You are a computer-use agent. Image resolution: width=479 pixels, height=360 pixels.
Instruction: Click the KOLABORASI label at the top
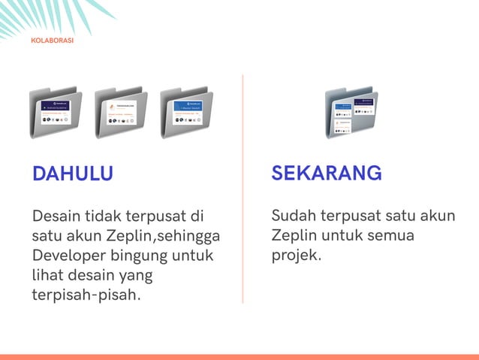point(52,41)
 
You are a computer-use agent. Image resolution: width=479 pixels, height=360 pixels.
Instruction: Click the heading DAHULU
point(72,174)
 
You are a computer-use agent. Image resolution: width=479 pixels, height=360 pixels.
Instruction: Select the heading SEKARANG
point(326,173)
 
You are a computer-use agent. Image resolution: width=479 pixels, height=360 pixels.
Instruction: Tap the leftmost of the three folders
point(55,113)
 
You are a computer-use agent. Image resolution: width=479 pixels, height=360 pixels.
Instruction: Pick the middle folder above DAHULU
point(120,113)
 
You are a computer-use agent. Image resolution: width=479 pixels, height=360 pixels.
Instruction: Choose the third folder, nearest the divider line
point(186,113)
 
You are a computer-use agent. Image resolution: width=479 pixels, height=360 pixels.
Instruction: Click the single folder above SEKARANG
point(351,113)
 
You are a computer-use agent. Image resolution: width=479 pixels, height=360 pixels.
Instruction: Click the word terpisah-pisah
point(86,294)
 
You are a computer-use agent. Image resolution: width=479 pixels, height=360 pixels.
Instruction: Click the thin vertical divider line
point(243,188)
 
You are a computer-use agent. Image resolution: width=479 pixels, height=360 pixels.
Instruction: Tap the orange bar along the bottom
point(239,356)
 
